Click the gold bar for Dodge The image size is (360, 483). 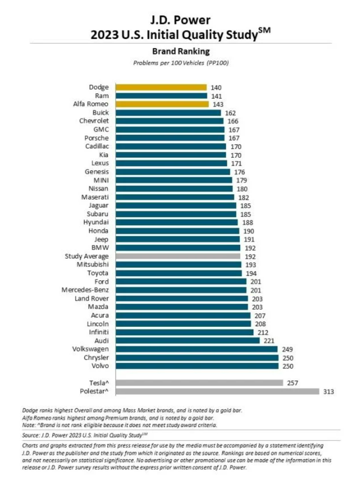pyautogui.click(x=161, y=87)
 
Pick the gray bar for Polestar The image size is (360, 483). pyautogui.click(x=217, y=391)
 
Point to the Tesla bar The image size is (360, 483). pyautogui.click(x=199, y=383)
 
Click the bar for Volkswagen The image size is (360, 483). pyautogui.click(x=196, y=349)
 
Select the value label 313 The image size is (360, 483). pyautogui.click(x=329, y=391)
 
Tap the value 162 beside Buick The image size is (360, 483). pyautogui.click(x=230, y=112)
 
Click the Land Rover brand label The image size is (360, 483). pyautogui.click(x=92, y=299)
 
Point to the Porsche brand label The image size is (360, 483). pyautogui.click(x=97, y=138)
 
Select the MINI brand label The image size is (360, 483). pyautogui.click(x=101, y=180)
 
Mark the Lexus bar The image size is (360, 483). pyautogui.click(x=171, y=163)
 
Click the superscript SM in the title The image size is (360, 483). pyautogui.click(x=265, y=30)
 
